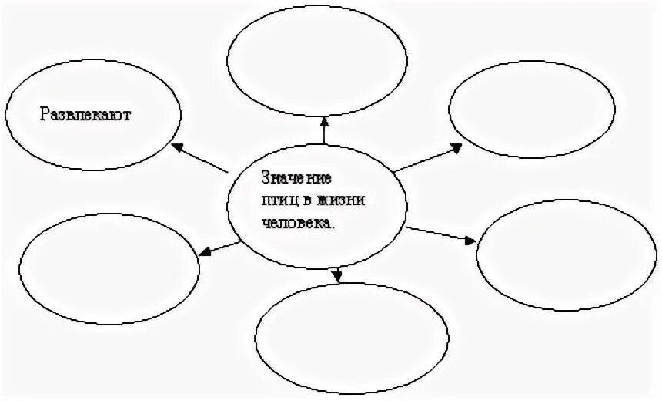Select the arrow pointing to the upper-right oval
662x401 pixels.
(x=427, y=157)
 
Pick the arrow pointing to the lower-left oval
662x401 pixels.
(x=219, y=247)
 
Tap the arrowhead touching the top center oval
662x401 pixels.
(x=324, y=120)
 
